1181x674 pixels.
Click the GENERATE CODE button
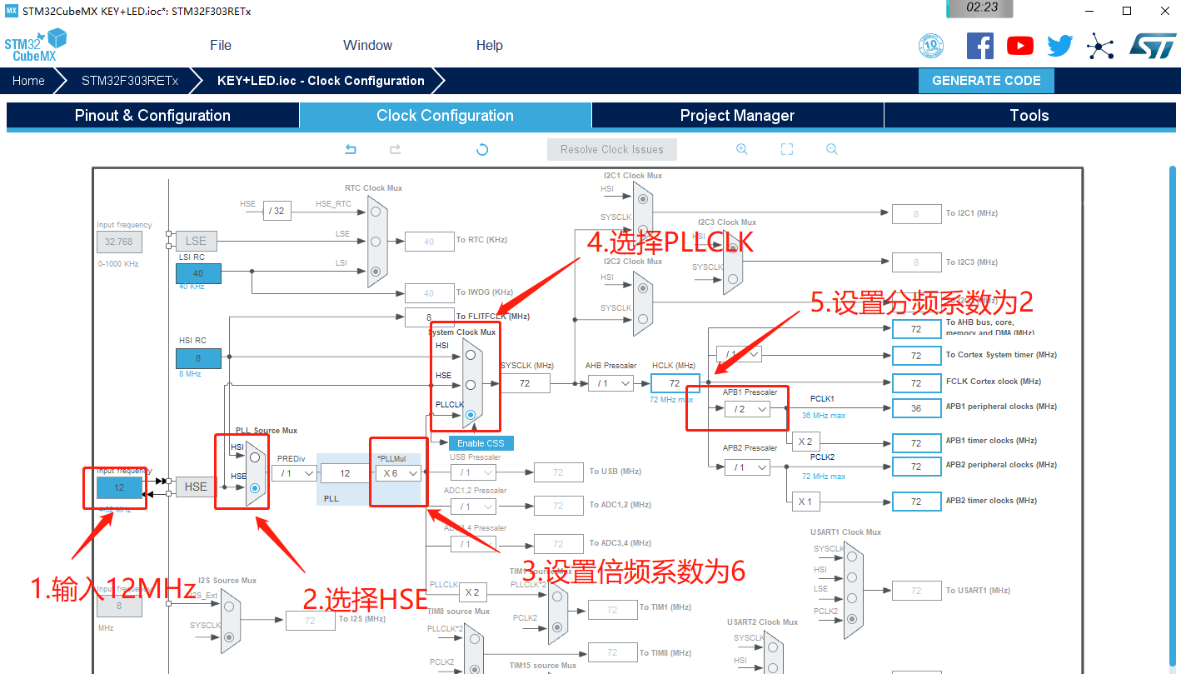click(986, 81)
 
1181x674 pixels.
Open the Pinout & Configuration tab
click(152, 116)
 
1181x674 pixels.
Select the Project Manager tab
click(737, 116)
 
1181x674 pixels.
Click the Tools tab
click(1029, 116)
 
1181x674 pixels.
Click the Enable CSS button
click(481, 443)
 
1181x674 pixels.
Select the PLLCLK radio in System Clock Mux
click(471, 414)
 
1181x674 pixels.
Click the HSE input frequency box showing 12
click(119, 487)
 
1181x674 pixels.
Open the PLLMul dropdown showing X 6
click(397, 472)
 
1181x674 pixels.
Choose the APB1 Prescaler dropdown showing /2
click(747, 409)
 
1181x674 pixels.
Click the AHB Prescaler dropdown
click(610, 383)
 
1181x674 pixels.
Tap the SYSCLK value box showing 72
click(525, 383)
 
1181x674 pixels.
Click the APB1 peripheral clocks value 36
click(916, 408)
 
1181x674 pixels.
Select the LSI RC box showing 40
click(198, 273)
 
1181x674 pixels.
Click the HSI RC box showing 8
click(198, 358)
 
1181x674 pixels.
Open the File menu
click(221, 46)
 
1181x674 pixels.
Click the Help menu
click(489, 46)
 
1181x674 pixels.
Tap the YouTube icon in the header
click(1019, 46)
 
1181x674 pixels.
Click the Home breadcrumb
click(28, 81)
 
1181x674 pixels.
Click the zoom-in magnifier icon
click(741, 149)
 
